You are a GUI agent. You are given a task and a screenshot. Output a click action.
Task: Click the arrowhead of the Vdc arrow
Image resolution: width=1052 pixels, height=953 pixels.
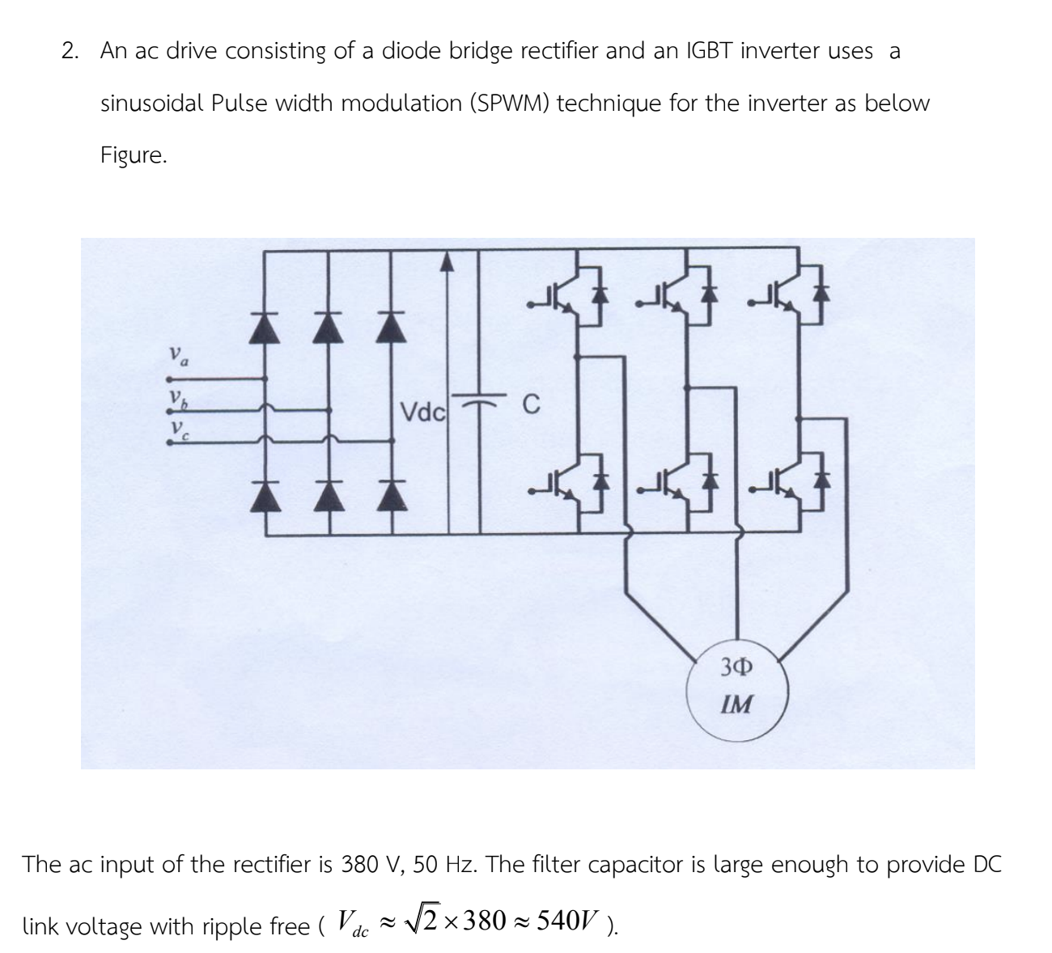click(448, 261)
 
